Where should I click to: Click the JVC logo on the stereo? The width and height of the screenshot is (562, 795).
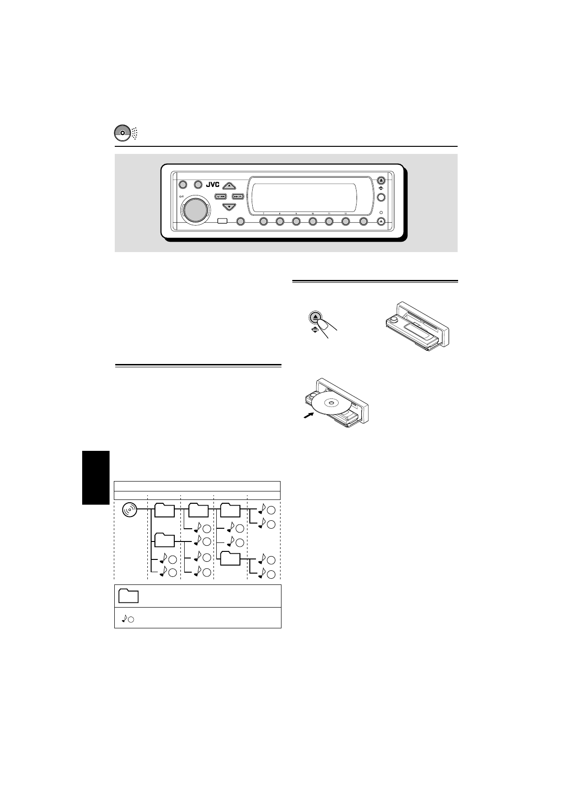click(213, 185)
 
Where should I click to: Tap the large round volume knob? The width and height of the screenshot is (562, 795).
click(195, 210)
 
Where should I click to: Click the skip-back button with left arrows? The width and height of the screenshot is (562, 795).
click(221, 196)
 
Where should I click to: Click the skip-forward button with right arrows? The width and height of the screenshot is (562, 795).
click(238, 196)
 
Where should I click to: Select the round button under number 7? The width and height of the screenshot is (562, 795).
click(264, 221)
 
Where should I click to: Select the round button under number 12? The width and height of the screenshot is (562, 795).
click(346, 221)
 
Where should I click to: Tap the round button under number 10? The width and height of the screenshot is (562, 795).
click(313, 221)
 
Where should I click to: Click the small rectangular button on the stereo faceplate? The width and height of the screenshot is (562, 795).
click(222, 221)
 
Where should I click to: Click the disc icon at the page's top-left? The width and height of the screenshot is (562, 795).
click(122, 133)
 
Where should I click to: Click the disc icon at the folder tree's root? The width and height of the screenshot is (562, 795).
click(129, 510)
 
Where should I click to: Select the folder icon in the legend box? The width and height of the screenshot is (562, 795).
click(128, 596)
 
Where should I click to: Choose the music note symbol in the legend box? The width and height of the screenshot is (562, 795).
click(125, 618)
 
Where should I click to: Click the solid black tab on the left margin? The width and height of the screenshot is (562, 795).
click(95, 477)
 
